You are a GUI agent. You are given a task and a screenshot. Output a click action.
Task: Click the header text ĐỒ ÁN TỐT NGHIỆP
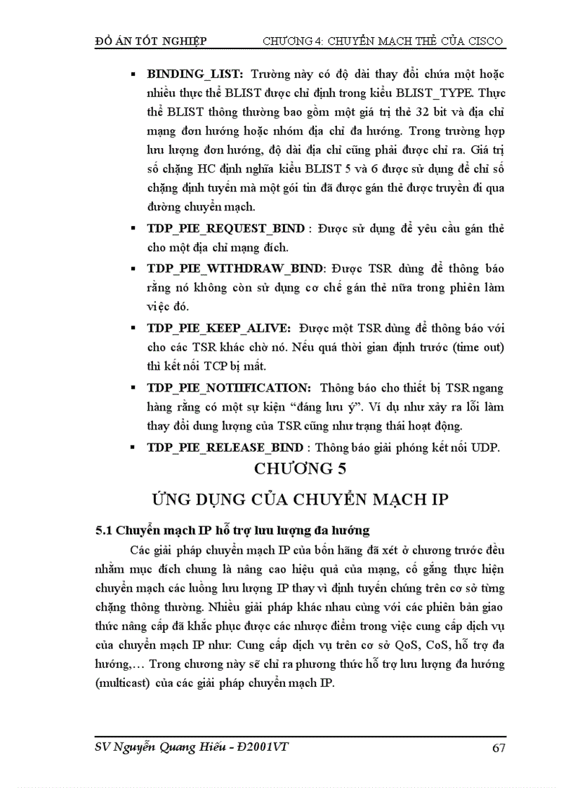click(150, 41)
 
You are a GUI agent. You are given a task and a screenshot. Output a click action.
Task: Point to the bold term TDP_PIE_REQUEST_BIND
click(225, 229)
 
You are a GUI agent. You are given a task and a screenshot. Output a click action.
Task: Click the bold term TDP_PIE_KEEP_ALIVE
click(217, 328)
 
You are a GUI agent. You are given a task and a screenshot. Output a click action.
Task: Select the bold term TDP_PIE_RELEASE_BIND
click(225, 447)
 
